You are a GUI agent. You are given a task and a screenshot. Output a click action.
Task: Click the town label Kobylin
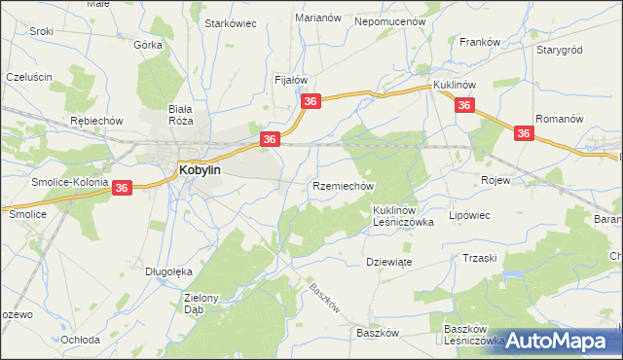(200, 168)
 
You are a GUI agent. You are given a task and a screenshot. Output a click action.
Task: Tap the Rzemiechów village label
(342, 185)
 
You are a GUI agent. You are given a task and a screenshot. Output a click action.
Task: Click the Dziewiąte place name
(389, 261)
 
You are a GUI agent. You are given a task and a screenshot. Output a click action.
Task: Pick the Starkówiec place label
(230, 23)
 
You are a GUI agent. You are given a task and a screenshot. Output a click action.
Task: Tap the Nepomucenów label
(391, 20)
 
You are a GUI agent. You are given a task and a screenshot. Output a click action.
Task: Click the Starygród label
(559, 48)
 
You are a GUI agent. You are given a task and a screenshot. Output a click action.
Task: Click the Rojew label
(496, 180)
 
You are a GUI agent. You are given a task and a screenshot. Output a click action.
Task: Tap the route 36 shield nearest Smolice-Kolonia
(122, 188)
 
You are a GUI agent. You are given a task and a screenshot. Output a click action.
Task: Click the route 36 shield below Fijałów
(311, 102)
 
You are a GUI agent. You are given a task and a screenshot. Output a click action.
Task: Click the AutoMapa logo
(559, 341)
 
